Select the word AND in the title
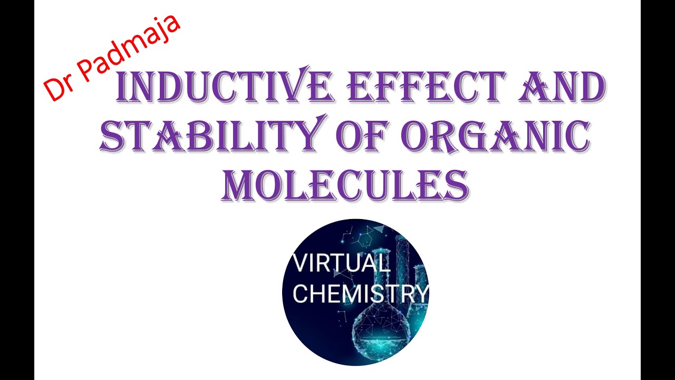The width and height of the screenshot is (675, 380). point(562,88)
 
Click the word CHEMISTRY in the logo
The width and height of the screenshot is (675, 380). point(360,293)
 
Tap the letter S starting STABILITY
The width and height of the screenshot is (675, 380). point(113,136)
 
